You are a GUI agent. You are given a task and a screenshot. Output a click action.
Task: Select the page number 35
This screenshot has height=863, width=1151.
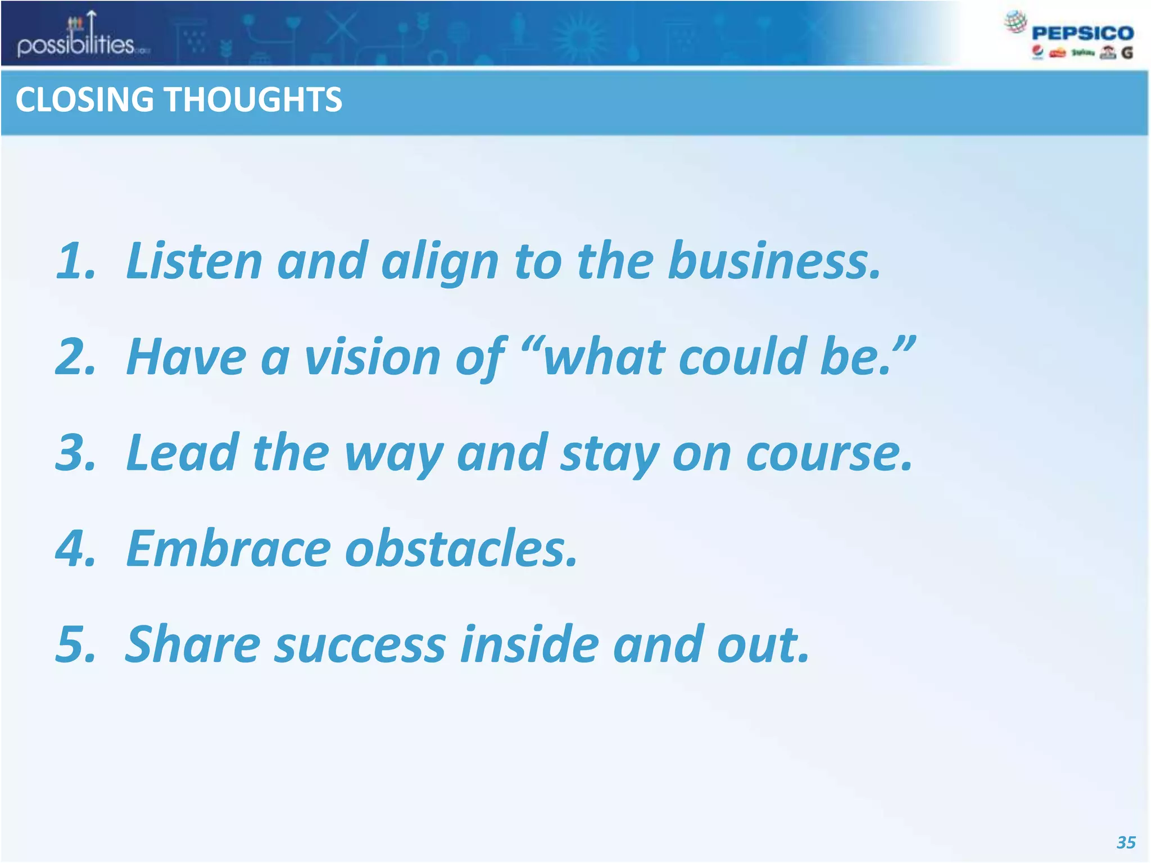1126,842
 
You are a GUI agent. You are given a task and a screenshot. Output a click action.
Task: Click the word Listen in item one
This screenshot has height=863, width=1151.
194,261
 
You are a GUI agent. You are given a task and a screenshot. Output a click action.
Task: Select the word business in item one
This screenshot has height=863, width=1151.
773,261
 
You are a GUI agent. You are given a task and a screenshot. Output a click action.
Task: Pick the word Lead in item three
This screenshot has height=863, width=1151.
183,453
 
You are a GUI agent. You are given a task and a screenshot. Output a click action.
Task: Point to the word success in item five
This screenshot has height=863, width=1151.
360,644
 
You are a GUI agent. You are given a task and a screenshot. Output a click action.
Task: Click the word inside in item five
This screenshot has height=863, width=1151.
529,644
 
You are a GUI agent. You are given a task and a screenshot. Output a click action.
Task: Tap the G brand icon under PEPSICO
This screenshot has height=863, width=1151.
1126,53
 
